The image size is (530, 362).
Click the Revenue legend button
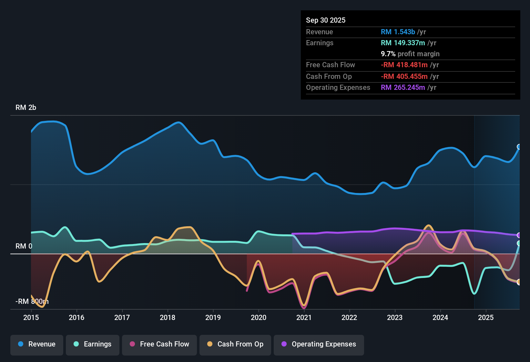37,344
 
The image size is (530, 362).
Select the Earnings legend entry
93,344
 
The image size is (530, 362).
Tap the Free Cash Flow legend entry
159,344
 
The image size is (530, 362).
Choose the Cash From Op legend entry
235,344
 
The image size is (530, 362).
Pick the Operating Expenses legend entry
319,344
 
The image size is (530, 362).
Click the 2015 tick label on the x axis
31,318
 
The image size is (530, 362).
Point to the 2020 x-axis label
259,318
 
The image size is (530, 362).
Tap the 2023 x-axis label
395,318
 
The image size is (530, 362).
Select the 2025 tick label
486,318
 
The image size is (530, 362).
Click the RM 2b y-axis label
26,108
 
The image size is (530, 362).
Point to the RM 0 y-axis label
24,246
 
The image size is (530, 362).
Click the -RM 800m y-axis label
32,302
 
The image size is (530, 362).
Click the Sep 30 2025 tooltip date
326,20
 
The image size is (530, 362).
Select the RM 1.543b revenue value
398,32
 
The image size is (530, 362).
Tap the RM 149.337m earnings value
403,43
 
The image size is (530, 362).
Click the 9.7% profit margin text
410,54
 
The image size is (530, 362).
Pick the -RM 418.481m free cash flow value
404,65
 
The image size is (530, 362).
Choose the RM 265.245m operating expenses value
403,88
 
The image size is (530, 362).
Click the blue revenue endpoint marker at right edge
519,147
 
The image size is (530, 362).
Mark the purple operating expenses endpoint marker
519,235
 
